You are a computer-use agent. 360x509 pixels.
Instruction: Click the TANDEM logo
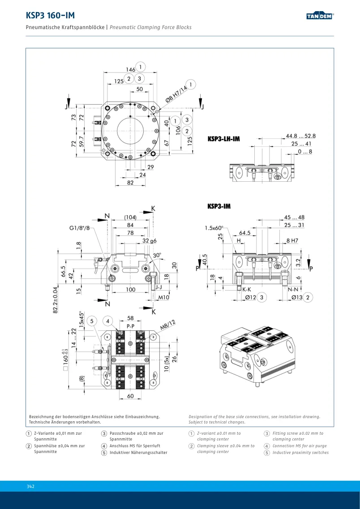point(320,16)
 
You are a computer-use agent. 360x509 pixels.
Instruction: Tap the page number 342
point(30,486)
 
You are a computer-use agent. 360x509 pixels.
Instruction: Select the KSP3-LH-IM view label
point(224,139)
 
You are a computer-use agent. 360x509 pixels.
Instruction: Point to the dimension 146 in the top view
point(130,69)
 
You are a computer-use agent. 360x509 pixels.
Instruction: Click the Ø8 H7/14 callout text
point(176,94)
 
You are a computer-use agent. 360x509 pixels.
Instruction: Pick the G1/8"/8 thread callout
point(79,228)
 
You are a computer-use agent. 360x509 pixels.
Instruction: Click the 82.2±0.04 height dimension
point(56,300)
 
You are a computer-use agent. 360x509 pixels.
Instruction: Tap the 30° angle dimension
point(157,255)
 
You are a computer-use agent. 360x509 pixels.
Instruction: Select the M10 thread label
point(163,297)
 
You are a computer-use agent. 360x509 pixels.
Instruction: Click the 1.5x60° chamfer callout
point(214,228)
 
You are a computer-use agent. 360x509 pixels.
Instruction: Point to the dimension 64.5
point(245,233)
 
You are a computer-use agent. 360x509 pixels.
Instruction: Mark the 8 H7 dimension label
point(292,240)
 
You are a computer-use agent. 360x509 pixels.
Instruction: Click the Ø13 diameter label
point(297,297)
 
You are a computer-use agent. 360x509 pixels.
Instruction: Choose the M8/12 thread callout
point(167,325)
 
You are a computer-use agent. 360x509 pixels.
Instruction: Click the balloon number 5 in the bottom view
point(92,321)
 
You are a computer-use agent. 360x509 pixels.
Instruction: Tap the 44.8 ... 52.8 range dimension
point(300,136)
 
